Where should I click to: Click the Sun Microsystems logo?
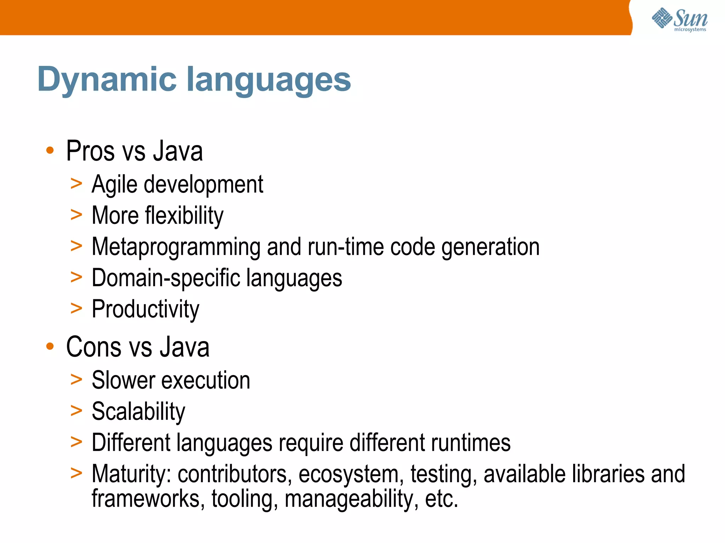679,19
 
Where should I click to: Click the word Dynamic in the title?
107,80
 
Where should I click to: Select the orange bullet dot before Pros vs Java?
50,150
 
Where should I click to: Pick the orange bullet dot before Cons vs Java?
50,346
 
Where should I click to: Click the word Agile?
114,185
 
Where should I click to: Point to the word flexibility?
184,215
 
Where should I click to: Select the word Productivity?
145,309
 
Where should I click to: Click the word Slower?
123,380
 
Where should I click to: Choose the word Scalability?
138,411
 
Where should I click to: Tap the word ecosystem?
351,475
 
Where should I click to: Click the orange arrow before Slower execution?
76,380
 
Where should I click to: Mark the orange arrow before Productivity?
76,308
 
